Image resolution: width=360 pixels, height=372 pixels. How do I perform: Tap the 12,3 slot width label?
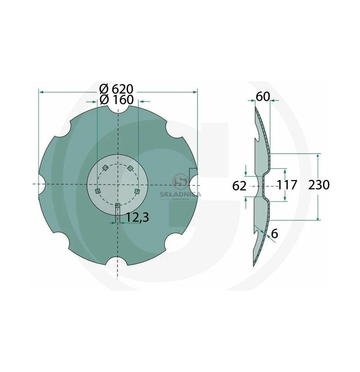(x=137, y=218)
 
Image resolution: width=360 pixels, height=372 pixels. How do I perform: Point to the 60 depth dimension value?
(x=263, y=97)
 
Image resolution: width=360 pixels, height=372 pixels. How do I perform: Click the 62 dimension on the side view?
(x=239, y=186)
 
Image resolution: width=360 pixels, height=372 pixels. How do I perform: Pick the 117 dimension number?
(x=287, y=185)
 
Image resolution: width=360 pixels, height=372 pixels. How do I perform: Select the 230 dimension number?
(x=319, y=185)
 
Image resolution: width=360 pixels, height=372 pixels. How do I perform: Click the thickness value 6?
(x=274, y=234)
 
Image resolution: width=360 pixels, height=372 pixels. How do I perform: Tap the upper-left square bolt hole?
(x=105, y=168)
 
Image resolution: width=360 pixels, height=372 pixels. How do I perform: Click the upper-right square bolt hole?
(x=130, y=168)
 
